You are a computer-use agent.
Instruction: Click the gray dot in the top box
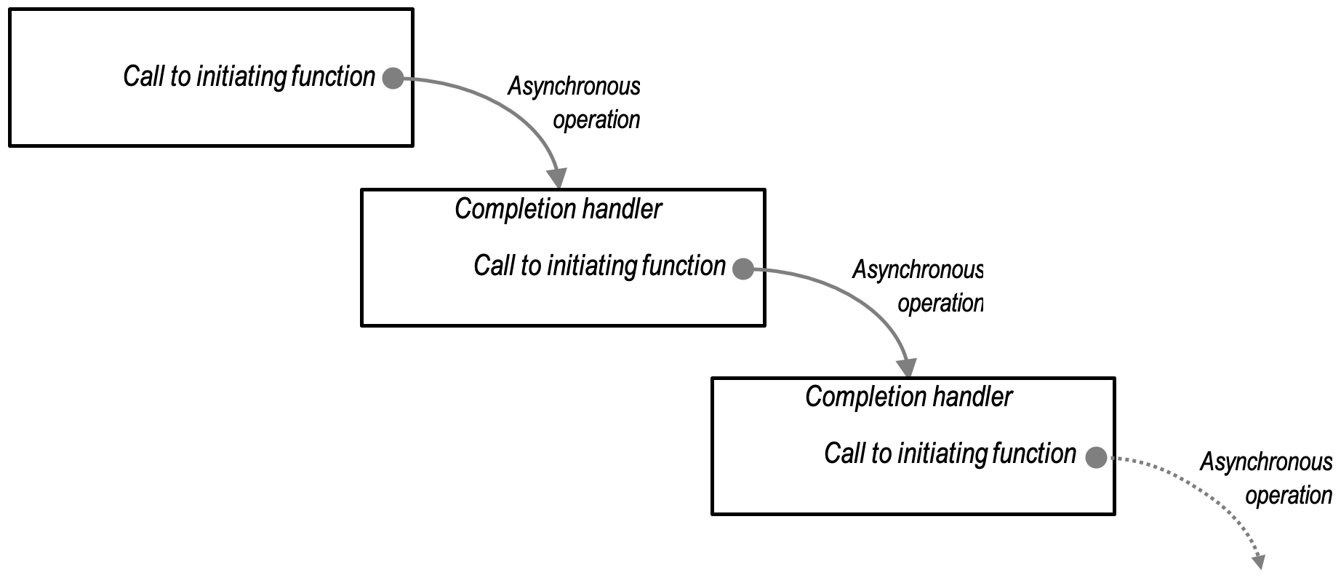[x=393, y=78]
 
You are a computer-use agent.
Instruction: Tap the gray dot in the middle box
[x=742, y=269]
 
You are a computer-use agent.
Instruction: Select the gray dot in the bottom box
[x=1096, y=457]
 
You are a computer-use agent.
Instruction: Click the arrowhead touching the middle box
[x=558, y=178]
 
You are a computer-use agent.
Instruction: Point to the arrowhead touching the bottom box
[x=907, y=367]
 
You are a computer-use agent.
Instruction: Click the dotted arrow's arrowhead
[x=1259, y=561]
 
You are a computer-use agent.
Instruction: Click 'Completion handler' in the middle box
[x=558, y=210]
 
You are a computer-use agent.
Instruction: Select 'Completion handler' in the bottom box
[x=908, y=397]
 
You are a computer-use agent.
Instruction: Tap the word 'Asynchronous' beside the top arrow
[x=574, y=87]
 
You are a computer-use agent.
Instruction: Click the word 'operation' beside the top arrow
[x=596, y=119]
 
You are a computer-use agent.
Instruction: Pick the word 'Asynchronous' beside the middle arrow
[x=917, y=270]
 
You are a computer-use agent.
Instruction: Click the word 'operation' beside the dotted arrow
[x=1288, y=496]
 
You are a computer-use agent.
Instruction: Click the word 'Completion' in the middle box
[x=506, y=210]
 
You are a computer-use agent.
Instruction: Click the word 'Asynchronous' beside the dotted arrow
[x=1265, y=462]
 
